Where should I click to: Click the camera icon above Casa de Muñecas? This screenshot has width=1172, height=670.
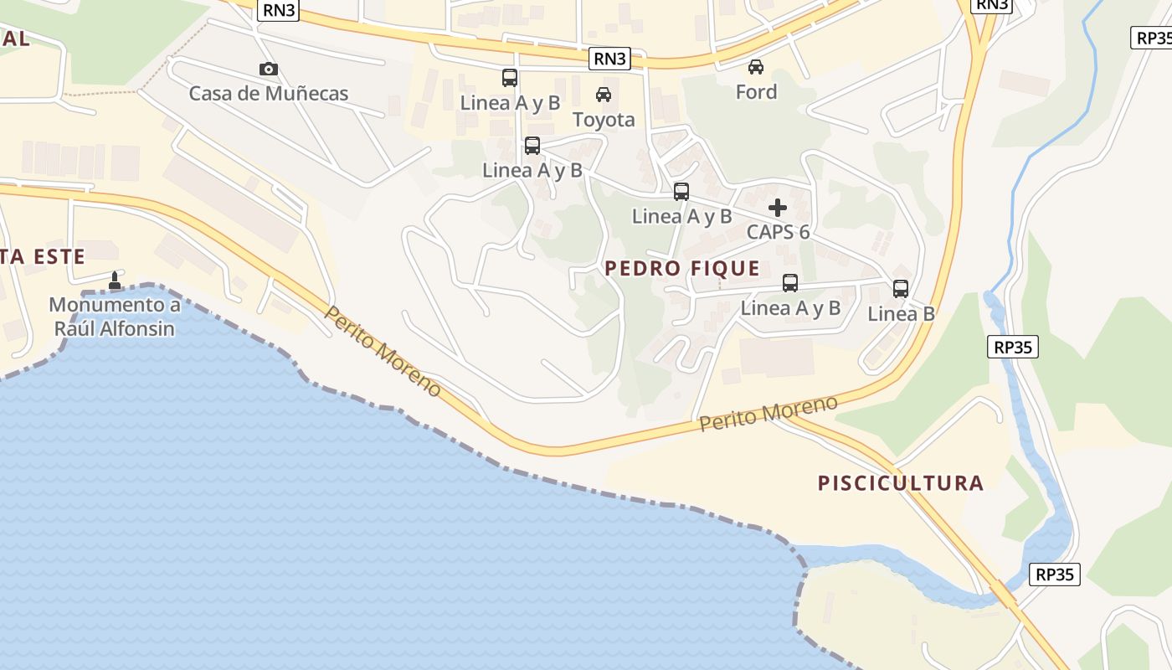[268, 70]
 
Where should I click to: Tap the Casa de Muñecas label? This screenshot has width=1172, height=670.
[268, 93]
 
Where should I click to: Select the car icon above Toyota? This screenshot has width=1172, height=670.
[603, 95]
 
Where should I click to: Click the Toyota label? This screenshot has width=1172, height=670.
[604, 120]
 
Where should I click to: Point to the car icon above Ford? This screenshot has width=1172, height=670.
[755, 66]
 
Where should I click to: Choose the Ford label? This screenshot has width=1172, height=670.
[756, 91]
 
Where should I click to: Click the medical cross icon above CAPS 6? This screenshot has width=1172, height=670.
[778, 207]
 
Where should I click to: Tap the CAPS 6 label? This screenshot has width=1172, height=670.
[778, 232]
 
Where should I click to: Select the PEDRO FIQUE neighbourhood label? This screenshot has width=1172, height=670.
[682, 268]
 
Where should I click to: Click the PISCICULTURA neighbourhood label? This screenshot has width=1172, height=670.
[900, 483]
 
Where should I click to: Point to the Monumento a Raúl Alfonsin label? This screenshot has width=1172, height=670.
[115, 317]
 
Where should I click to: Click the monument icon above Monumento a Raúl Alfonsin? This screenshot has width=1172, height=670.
[115, 280]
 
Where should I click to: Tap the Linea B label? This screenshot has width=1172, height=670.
[901, 314]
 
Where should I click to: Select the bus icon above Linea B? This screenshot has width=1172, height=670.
[901, 289]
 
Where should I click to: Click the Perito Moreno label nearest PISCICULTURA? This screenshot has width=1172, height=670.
[768, 414]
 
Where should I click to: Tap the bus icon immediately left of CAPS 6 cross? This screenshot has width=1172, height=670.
[681, 192]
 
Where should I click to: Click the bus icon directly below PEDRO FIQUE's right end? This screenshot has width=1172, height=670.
[790, 283]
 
